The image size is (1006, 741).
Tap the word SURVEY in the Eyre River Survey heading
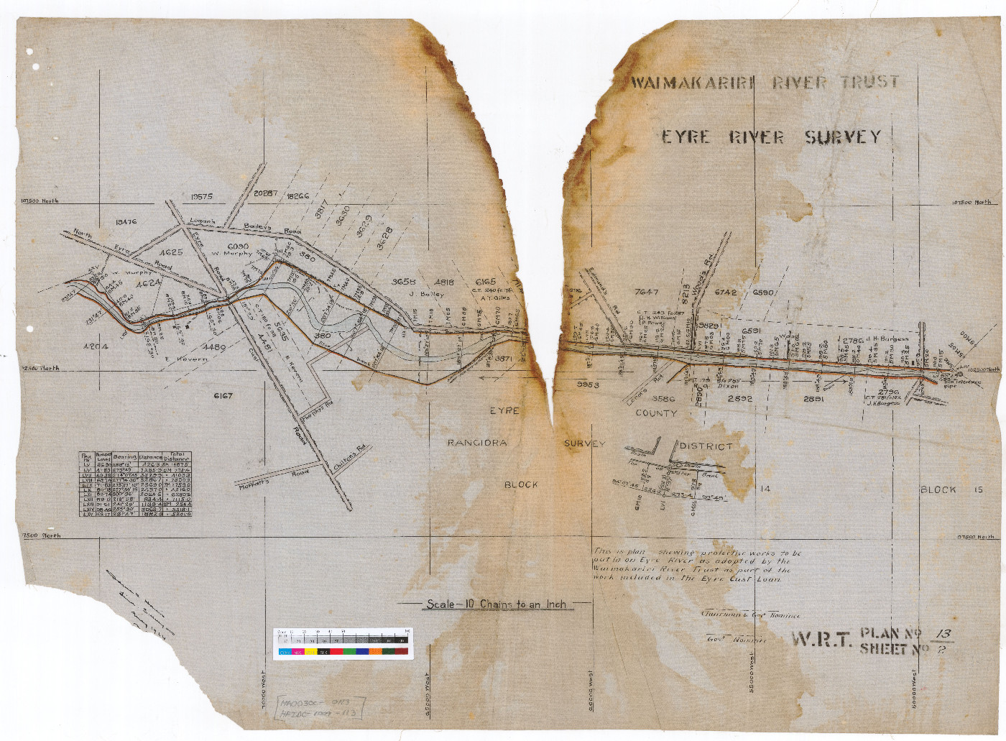842,137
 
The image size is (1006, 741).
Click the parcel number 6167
223,395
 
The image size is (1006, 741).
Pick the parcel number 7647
647,292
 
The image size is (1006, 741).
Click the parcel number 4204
96,346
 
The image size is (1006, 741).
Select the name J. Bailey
426,293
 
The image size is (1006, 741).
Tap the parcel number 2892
739,398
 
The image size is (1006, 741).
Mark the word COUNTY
655,413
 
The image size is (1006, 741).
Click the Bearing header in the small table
125,456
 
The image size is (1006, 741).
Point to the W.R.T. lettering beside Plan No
822,639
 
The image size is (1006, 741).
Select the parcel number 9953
588,385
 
